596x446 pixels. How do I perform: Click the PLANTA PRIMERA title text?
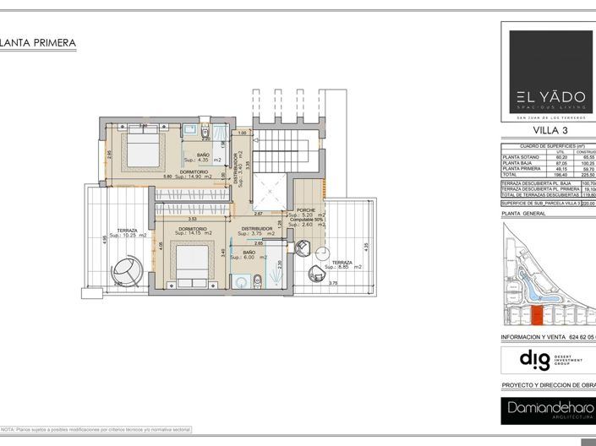pos(39,42)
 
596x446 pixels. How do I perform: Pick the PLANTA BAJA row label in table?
pos(519,163)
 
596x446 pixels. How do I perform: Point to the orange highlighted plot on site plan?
pos(535,317)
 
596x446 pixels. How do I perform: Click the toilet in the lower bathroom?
pos(258,282)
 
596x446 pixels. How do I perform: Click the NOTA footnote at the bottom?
pos(96,430)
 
